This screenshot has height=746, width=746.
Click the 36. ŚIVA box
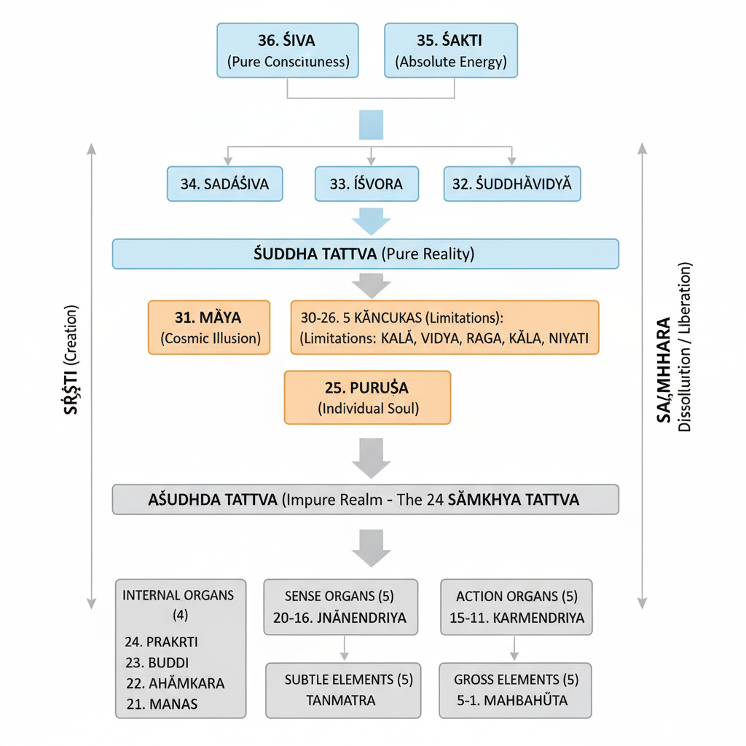(x=288, y=50)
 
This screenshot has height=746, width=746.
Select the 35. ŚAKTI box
(x=450, y=50)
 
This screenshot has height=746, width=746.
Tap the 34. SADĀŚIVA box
(x=224, y=184)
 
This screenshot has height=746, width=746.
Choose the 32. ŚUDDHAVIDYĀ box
(x=511, y=184)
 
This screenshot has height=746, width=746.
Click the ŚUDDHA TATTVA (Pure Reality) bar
(x=365, y=254)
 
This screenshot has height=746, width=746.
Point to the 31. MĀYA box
(x=209, y=327)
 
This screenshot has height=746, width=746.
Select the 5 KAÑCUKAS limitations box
(x=444, y=327)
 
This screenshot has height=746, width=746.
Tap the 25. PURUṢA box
(x=367, y=397)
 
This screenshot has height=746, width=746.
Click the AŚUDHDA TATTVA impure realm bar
(x=365, y=500)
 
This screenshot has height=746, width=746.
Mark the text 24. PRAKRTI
(x=162, y=642)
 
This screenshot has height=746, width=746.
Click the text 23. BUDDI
(x=157, y=663)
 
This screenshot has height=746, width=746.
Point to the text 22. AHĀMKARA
(x=175, y=683)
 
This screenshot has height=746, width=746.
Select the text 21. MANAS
(x=161, y=704)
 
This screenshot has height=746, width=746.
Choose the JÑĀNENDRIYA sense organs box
(x=339, y=607)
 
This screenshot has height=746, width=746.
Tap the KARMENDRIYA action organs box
(x=516, y=607)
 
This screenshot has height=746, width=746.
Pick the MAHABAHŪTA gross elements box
(x=516, y=690)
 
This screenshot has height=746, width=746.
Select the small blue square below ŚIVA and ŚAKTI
(x=371, y=125)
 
